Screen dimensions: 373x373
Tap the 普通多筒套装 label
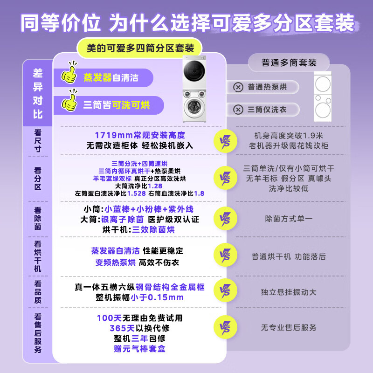click(289, 62)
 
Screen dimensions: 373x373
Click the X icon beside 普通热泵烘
click(238, 87)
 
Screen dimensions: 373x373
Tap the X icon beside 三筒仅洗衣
click(238, 110)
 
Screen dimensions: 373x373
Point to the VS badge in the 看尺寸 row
click(224, 140)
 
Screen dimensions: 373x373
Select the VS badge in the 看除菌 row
click(224, 218)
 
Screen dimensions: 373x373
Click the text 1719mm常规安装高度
click(139, 135)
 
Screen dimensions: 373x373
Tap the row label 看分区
click(38, 178)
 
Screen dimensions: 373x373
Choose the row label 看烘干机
click(38, 255)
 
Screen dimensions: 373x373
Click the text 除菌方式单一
click(289, 218)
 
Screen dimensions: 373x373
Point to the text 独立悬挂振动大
click(289, 292)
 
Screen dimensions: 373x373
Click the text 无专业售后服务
click(289, 328)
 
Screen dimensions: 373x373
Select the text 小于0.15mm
click(157, 297)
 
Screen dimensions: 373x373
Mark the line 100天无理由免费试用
click(139, 318)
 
